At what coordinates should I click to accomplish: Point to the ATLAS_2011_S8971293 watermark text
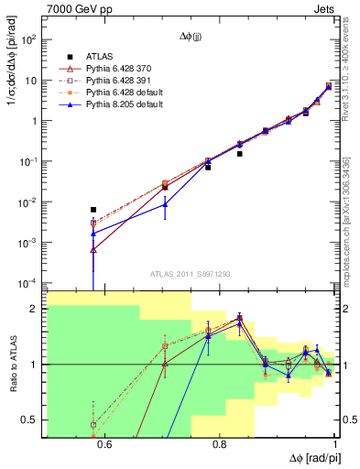click(x=191, y=274)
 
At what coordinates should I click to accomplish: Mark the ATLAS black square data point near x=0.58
click(x=93, y=210)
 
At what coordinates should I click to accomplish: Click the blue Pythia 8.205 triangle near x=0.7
click(x=165, y=204)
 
